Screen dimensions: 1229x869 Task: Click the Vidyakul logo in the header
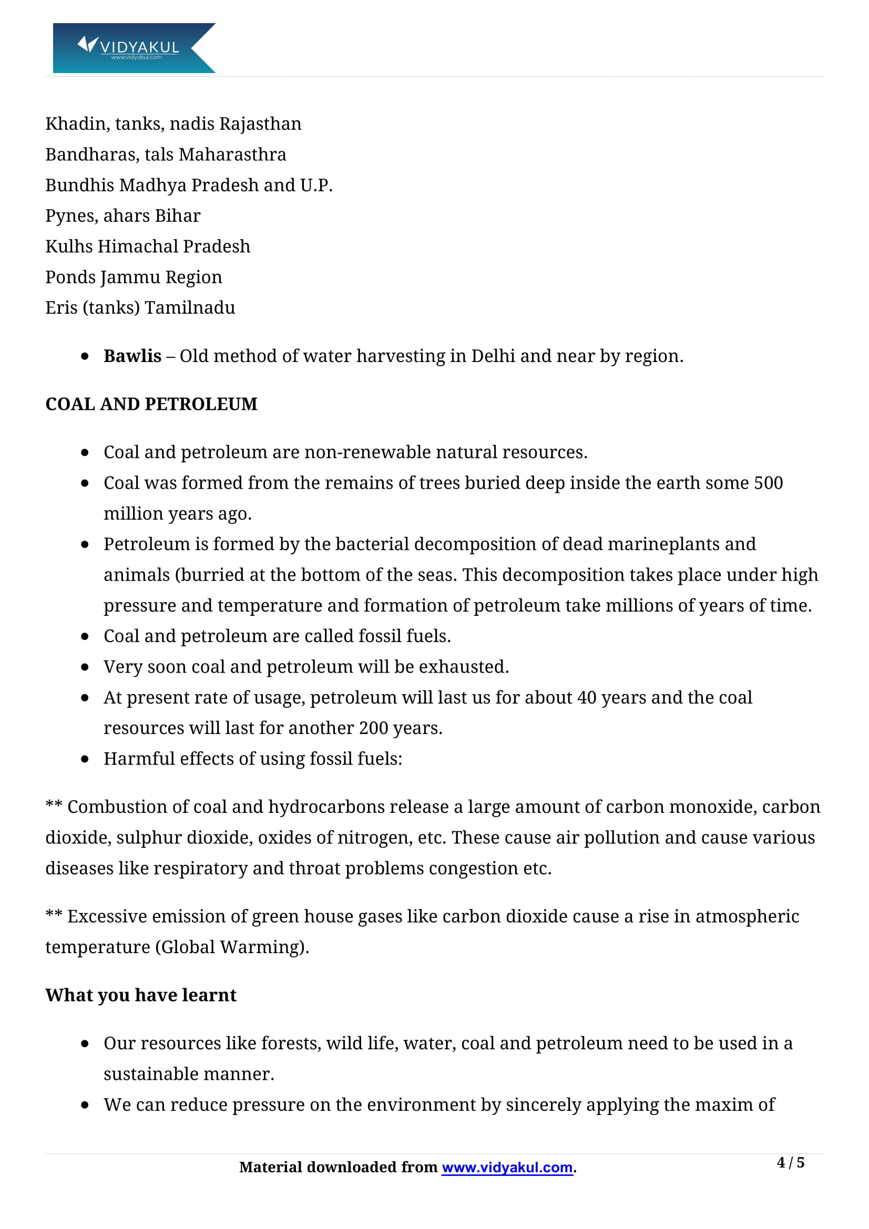pos(134,48)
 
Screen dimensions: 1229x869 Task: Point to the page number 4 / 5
pos(790,1162)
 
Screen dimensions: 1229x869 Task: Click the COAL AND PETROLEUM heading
pos(151,404)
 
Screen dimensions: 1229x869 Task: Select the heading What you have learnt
pos(140,995)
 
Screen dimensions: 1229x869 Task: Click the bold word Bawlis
pos(132,356)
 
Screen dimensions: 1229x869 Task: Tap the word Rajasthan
pos(260,123)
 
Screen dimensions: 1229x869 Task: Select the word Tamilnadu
pos(190,308)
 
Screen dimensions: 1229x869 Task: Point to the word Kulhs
pos(69,246)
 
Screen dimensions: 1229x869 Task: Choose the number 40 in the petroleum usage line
pos(586,697)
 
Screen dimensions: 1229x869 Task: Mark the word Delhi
pos(493,356)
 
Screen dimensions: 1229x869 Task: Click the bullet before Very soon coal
pos(85,667)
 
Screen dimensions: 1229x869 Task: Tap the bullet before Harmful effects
pos(85,759)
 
